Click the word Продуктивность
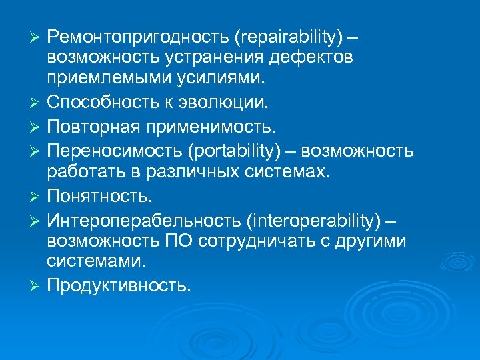coord(119,286)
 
